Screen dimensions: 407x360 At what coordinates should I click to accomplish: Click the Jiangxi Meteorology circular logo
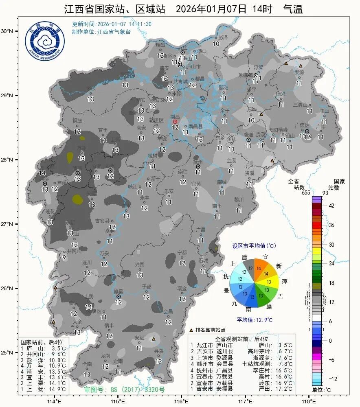[45, 42]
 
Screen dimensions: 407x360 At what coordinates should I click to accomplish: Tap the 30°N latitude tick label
[7, 31]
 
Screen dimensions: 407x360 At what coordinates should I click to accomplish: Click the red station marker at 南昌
[175, 122]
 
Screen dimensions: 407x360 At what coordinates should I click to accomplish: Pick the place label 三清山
[301, 105]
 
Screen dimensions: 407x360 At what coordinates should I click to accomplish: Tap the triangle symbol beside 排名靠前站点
[191, 330]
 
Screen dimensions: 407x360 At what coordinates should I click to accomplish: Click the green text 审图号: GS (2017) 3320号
[124, 389]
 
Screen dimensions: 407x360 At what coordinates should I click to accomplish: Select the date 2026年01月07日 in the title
[211, 9]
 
